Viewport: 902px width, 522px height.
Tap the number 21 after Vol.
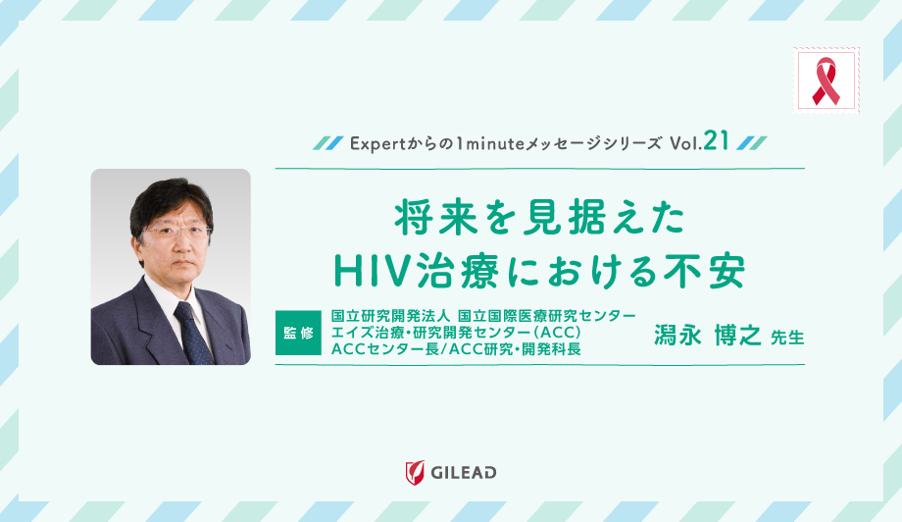point(716,142)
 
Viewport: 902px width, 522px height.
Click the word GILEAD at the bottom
point(464,473)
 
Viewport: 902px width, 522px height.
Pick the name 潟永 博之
point(707,335)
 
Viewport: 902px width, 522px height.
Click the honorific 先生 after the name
point(786,338)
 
